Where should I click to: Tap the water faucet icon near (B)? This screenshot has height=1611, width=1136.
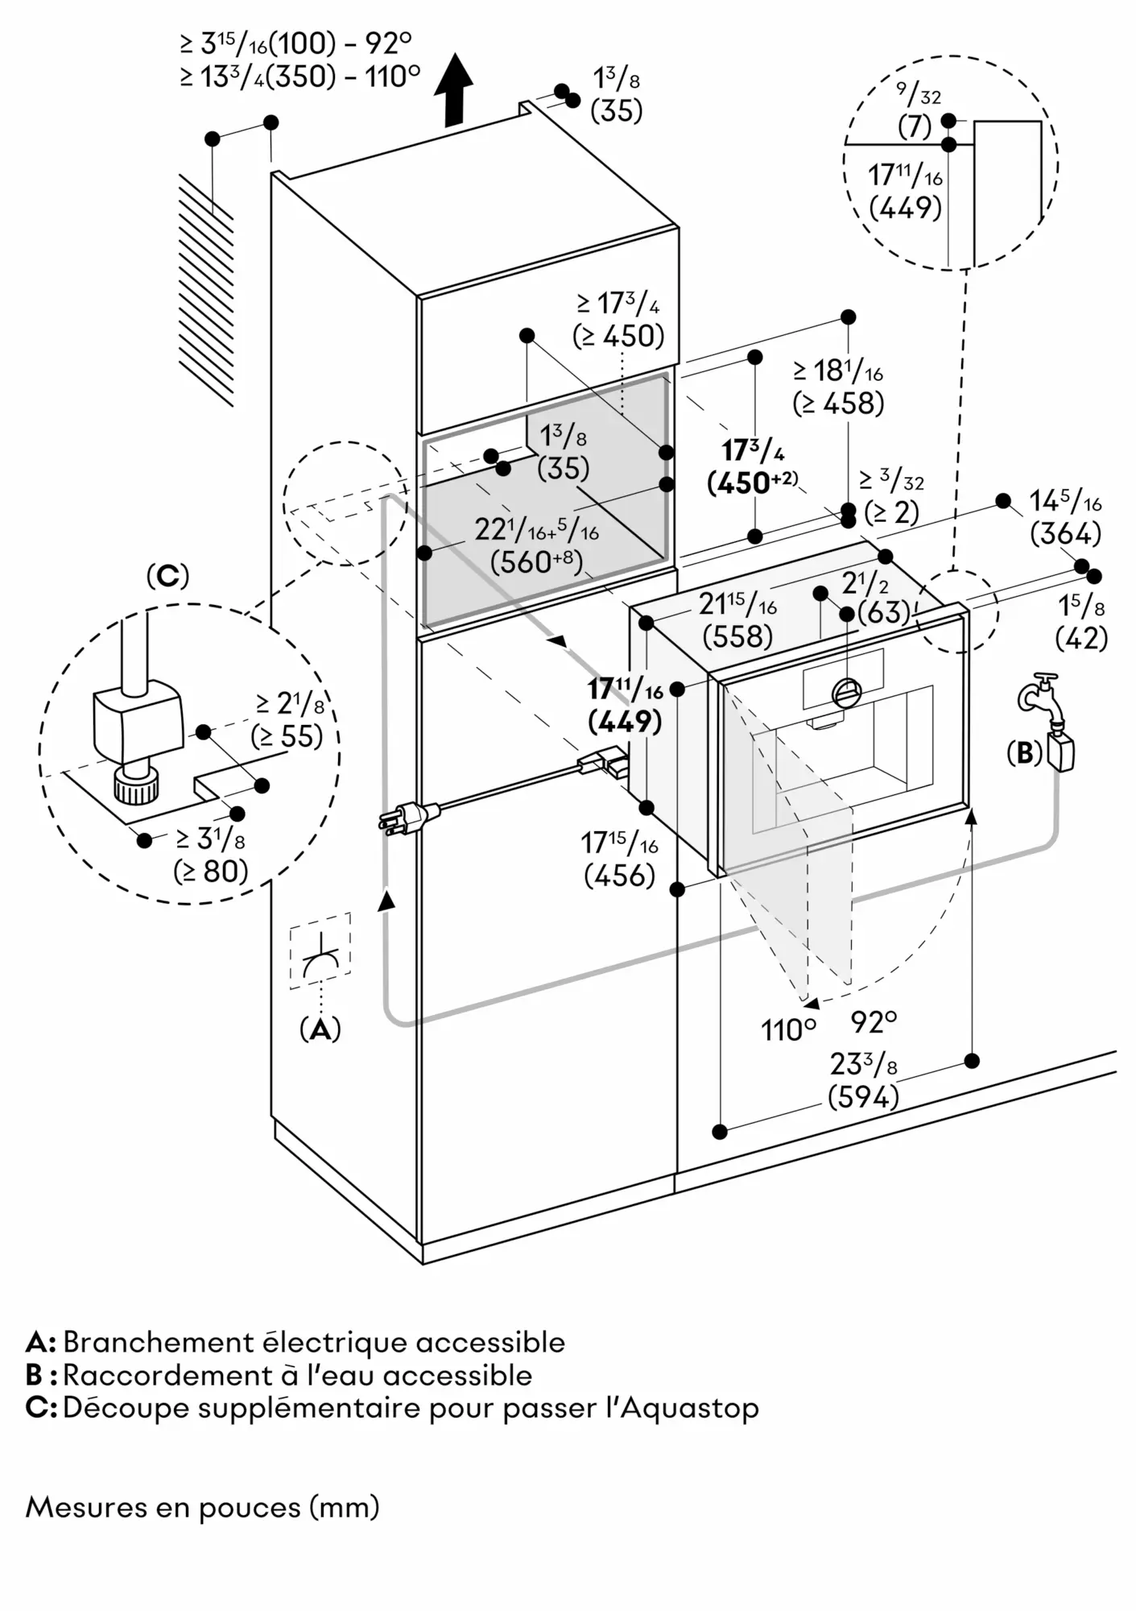tap(1040, 693)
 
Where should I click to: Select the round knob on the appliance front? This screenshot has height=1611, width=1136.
tap(847, 692)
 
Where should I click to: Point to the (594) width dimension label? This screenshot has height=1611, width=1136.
tap(863, 1097)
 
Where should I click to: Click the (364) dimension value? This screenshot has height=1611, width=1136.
tap(1065, 533)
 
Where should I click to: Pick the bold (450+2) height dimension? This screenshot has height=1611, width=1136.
tap(752, 482)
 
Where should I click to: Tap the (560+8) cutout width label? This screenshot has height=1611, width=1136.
tap(537, 561)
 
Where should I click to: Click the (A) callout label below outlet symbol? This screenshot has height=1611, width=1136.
tap(320, 1029)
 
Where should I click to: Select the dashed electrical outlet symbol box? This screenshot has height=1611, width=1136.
tap(320, 950)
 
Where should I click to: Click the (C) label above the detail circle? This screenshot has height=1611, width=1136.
tap(167, 576)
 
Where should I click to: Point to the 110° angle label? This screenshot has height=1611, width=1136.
tap(788, 1030)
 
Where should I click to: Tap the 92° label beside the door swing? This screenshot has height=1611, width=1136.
tap(874, 1023)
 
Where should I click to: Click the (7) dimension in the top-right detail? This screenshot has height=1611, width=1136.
tap(914, 127)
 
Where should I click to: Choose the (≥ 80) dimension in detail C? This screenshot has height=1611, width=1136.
tap(210, 871)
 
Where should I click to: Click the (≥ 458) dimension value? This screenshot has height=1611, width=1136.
tap(838, 403)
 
